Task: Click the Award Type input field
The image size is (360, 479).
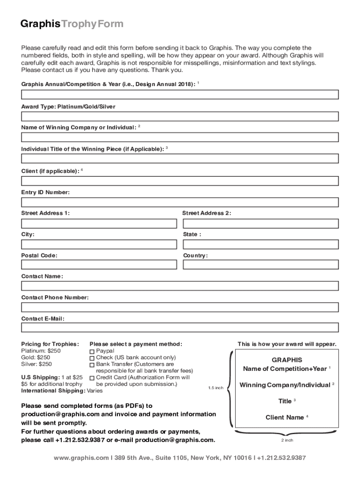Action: click(180, 116)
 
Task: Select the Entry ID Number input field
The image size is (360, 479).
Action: click(180, 203)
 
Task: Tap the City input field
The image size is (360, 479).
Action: click(99, 244)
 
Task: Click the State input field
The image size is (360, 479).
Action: click(260, 244)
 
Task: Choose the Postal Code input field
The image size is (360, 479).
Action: click(99, 265)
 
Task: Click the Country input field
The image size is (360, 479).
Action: click(260, 265)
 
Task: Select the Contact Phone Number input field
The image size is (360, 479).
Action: click(180, 307)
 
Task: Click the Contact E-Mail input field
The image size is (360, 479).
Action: click(180, 327)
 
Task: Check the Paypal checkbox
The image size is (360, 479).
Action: click(92, 351)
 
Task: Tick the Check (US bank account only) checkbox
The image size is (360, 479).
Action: click(92, 358)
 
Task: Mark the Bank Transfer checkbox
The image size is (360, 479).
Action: click(92, 364)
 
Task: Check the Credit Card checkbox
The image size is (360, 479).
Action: click(92, 378)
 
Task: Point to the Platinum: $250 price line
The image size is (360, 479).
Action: click(41, 350)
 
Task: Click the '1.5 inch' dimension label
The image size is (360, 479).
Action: click(216, 388)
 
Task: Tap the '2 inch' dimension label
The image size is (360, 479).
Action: click(287, 440)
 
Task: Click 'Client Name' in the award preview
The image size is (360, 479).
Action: click(285, 417)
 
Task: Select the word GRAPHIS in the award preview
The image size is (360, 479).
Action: click(287, 360)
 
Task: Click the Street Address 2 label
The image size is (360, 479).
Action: click(206, 213)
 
